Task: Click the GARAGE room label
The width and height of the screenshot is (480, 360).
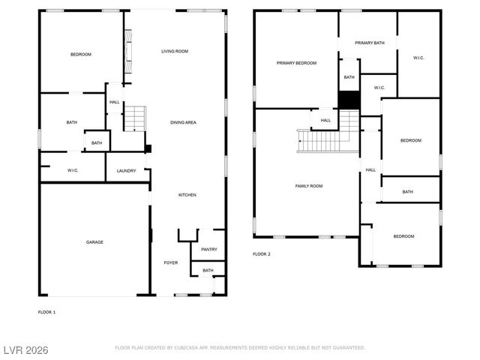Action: (94, 242)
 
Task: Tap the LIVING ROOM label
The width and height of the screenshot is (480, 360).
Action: (175, 51)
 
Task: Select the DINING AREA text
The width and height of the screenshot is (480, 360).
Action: (183, 122)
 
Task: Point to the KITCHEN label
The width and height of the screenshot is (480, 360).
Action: (187, 195)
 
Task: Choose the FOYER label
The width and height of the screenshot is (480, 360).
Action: (171, 263)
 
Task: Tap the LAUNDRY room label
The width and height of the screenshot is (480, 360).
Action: (127, 171)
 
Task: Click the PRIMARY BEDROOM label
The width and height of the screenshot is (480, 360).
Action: (296, 64)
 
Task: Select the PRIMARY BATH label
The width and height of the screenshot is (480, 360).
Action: (369, 43)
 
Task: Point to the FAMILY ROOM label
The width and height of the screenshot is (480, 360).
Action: (308, 185)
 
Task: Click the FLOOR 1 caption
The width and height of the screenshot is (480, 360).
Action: (46, 311)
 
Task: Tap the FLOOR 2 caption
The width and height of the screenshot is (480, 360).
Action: (262, 254)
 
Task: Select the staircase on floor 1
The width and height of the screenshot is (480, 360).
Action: (133, 118)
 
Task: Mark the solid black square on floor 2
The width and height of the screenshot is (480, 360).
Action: (349, 100)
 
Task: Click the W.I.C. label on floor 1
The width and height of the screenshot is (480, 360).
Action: (73, 171)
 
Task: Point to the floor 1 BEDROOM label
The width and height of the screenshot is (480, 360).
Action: (81, 55)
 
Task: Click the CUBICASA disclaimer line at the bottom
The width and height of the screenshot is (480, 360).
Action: (239, 348)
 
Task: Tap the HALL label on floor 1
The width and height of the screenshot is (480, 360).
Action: (115, 103)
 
